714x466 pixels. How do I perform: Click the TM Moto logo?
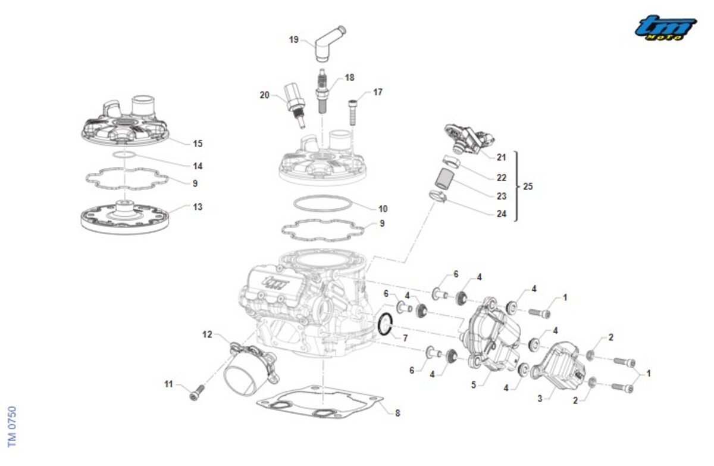(665, 28)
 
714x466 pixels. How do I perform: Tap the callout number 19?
(293, 40)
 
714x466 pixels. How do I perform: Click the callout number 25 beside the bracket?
(528, 186)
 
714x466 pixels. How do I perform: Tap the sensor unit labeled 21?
(466, 138)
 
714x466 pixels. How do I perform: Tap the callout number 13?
(198, 207)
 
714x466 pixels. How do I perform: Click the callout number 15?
(198, 144)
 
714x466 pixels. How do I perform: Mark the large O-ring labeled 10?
(324, 203)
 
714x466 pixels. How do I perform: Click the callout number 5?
(474, 385)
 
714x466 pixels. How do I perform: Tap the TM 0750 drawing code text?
(12, 426)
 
